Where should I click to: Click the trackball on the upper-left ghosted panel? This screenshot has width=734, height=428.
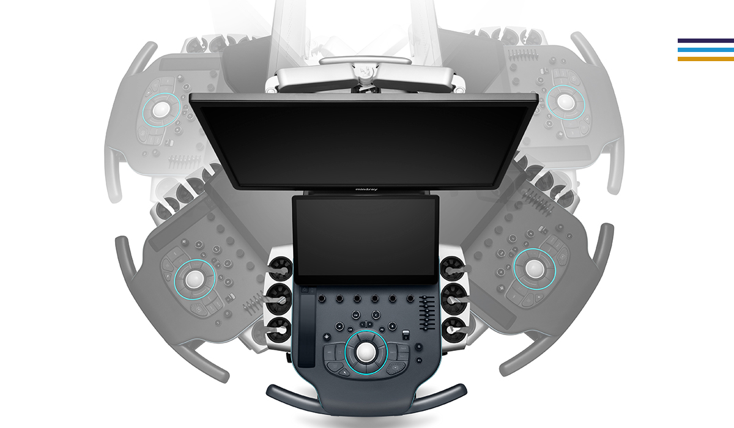161,109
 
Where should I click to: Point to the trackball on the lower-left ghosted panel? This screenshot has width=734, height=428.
195,279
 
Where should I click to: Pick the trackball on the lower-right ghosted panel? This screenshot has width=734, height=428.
534,269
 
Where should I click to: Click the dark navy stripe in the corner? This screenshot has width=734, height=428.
705,40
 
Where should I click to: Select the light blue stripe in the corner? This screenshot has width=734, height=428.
705,50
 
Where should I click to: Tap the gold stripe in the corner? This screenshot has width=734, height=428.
705,59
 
